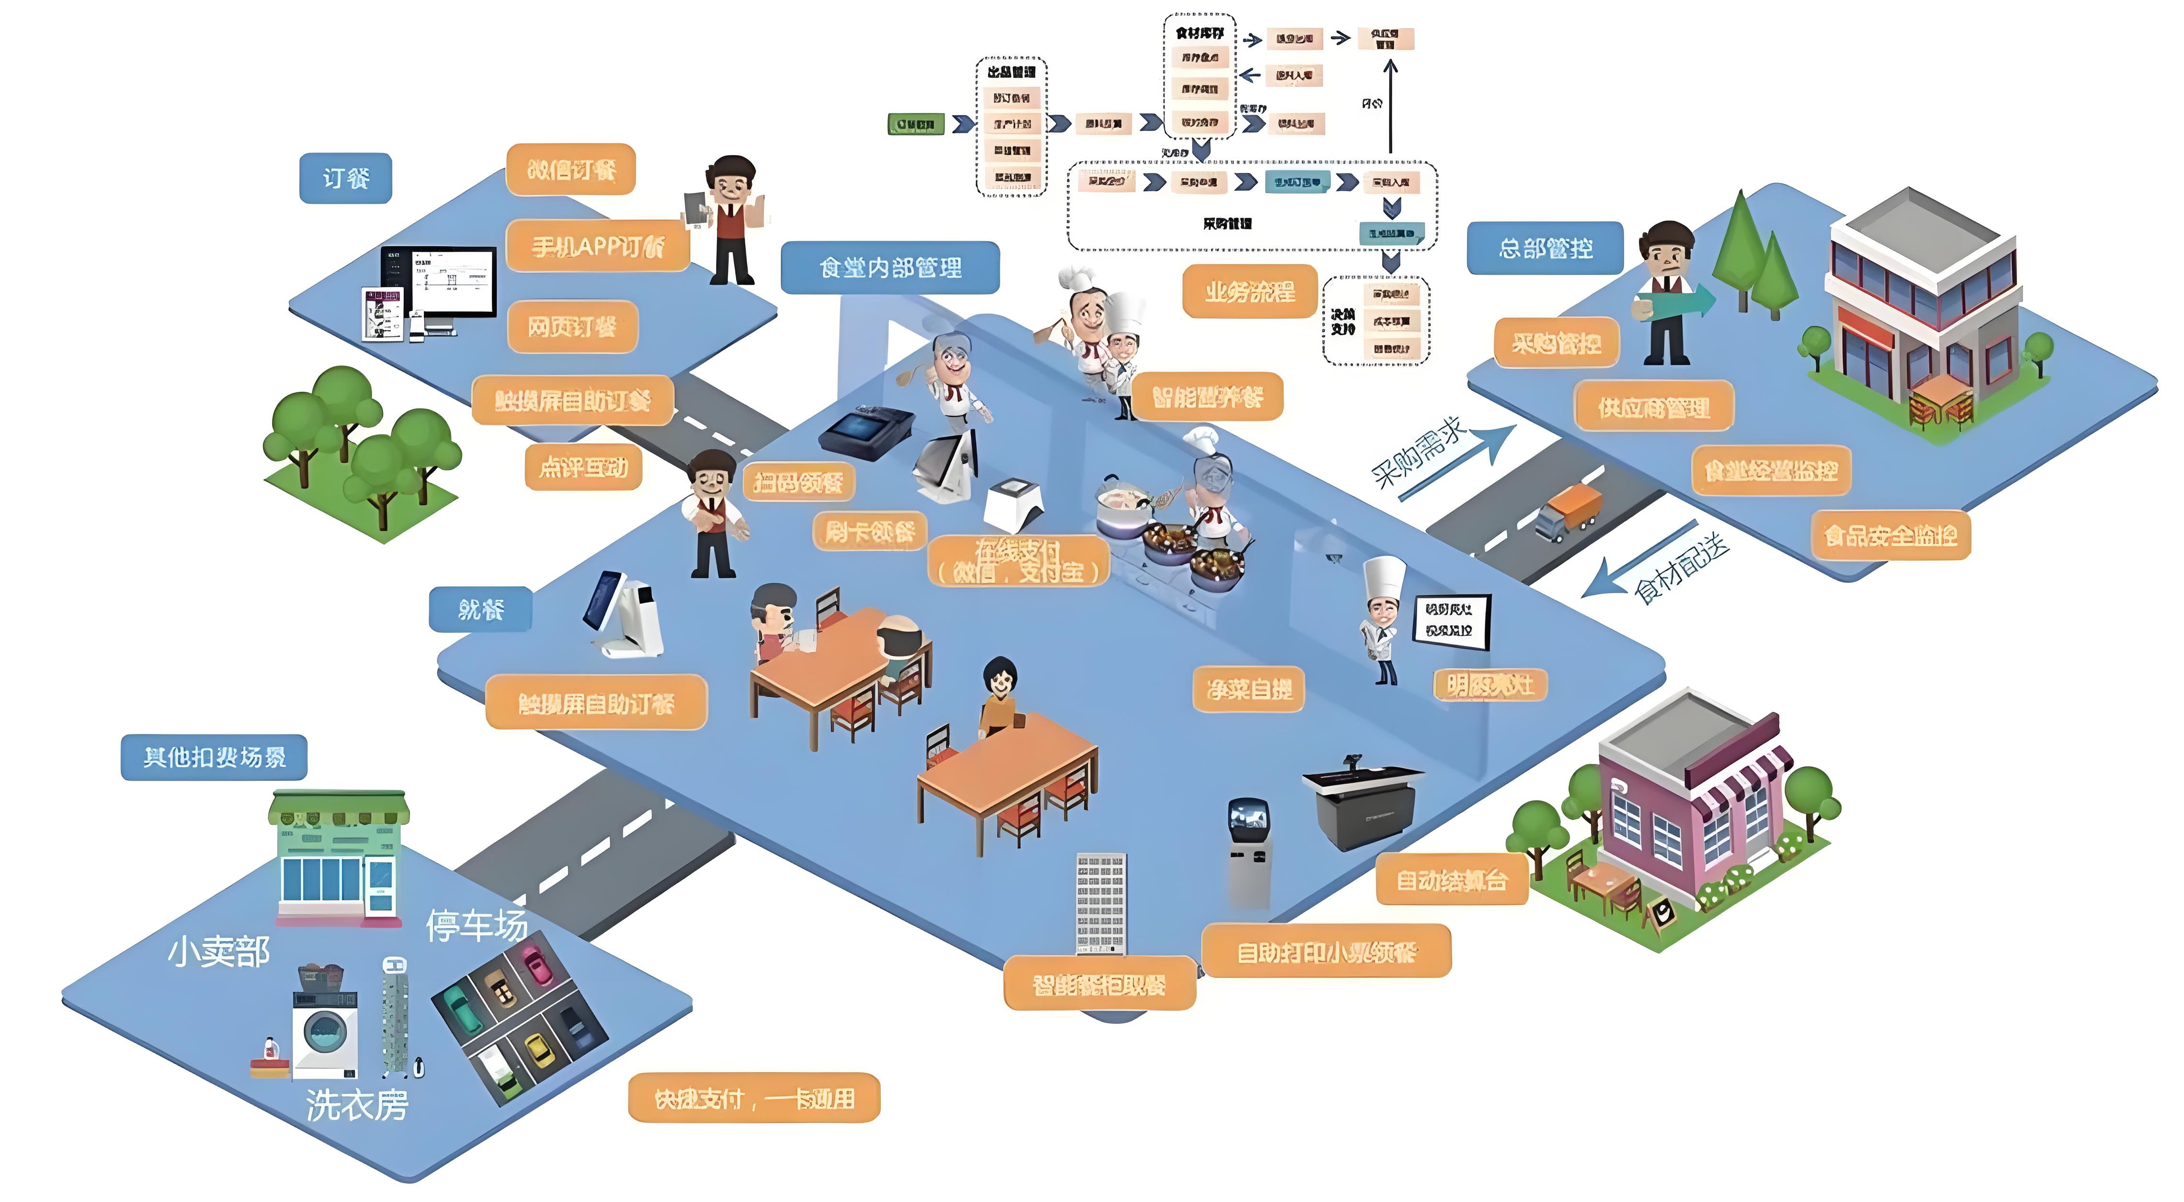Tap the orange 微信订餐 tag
[570, 170]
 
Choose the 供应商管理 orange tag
[1653, 408]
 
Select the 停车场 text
[477, 925]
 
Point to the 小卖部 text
[219, 952]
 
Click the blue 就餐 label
[481, 609]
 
